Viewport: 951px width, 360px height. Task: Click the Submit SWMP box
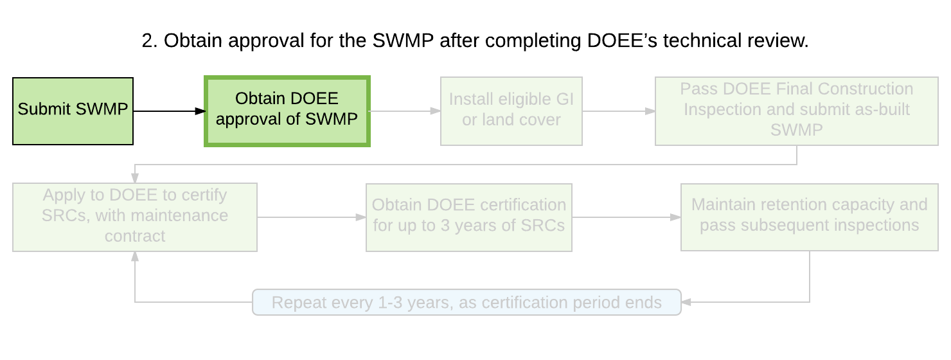(x=73, y=111)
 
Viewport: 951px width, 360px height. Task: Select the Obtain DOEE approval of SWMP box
(x=287, y=111)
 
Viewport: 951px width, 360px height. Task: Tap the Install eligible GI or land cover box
(x=511, y=111)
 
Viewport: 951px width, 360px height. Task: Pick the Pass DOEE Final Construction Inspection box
(x=797, y=111)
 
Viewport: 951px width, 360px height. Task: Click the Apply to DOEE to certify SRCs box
(x=134, y=217)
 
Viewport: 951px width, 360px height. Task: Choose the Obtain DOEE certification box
(x=468, y=217)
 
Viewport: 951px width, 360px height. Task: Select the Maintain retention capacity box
(x=809, y=217)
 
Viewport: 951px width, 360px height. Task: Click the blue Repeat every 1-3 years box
(x=467, y=302)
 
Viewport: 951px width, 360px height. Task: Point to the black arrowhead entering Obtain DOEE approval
(x=200, y=111)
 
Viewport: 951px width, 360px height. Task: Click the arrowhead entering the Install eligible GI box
(x=436, y=111)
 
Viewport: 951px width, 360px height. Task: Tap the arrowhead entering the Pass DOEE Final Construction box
(x=650, y=111)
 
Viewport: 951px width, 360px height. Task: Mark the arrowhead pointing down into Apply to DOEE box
(x=134, y=178)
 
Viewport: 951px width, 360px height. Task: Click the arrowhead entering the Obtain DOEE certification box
(x=361, y=217)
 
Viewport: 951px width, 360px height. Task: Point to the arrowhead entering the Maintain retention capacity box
(x=675, y=217)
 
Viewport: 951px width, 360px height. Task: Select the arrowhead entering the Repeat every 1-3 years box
(x=686, y=302)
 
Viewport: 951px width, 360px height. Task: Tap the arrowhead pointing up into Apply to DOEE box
(x=134, y=256)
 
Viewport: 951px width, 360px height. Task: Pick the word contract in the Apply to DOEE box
(x=134, y=236)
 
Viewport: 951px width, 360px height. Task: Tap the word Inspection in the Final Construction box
(x=722, y=109)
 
